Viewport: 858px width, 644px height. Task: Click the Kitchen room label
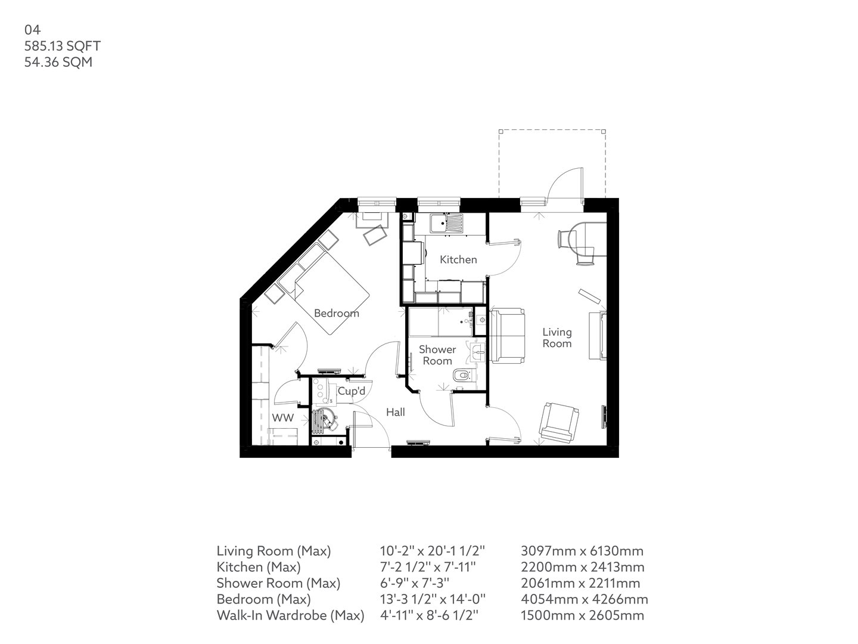coord(458,259)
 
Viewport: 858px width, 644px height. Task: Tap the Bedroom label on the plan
coord(336,313)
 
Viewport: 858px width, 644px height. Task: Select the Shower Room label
coord(437,355)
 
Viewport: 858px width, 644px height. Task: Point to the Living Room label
coord(557,338)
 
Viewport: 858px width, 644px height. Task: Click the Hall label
coord(395,412)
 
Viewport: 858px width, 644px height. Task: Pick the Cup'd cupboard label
coord(351,391)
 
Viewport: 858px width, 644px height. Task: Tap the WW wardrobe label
coord(283,418)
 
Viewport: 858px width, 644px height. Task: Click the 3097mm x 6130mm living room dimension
coord(582,551)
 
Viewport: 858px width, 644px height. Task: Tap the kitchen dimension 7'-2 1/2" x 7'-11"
coord(428,567)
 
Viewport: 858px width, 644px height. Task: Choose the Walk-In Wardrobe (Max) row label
coord(290,615)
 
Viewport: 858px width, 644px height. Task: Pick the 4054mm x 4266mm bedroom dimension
coord(584,599)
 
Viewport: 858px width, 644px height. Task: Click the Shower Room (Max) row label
coord(278,583)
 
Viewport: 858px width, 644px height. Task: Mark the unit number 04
coord(32,29)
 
